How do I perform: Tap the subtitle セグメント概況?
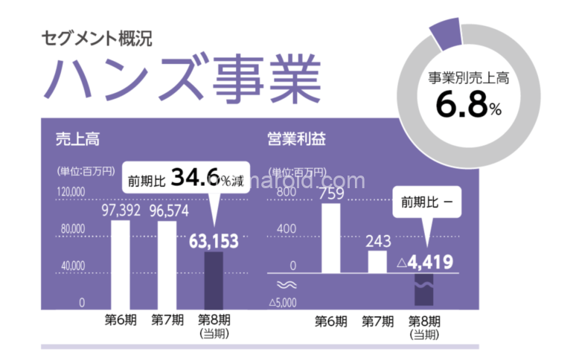pos(97,39)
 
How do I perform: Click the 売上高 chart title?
pos(77,139)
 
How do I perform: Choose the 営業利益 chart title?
pos(296,139)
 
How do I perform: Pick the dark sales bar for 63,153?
pos(214,280)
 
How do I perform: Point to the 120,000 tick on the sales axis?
pos(71,192)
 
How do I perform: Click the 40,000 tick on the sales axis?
pos(71,266)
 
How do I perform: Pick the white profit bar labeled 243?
pos(377,262)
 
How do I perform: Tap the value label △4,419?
pos(425,263)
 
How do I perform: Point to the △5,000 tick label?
pos(284,302)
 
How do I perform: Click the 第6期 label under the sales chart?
pos(121,320)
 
